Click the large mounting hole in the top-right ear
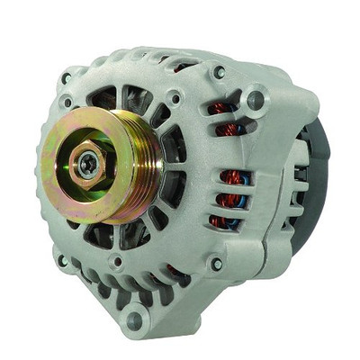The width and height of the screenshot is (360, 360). pyautogui.click(x=256, y=98)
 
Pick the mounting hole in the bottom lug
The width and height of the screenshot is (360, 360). pyautogui.click(x=135, y=317)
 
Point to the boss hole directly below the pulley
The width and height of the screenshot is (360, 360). pyautogui.click(x=116, y=262)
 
